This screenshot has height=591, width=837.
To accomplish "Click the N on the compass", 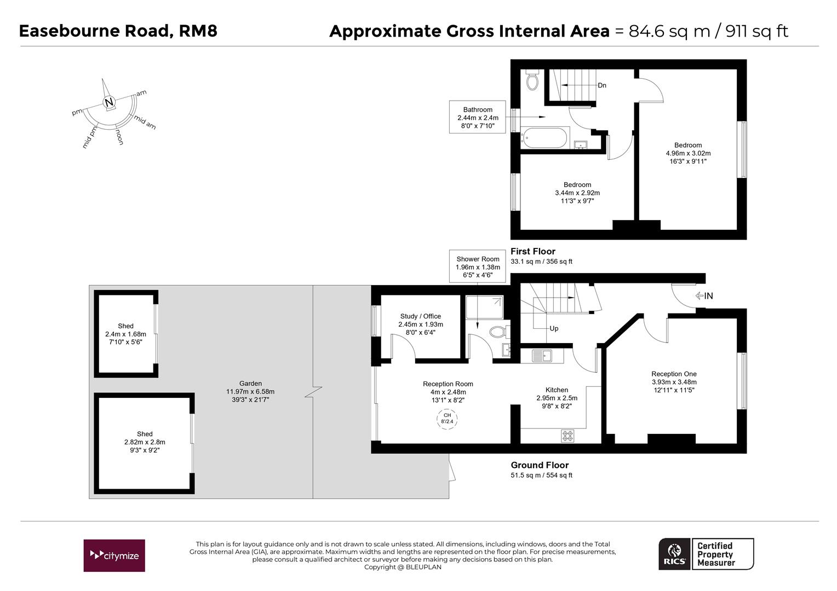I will click(109, 102).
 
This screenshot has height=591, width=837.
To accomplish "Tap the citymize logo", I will click(114, 555).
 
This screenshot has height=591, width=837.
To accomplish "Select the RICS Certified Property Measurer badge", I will click(706, 554).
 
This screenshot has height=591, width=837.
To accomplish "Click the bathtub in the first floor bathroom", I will click(544, 137).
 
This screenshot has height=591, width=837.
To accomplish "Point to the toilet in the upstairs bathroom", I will click(532, 81).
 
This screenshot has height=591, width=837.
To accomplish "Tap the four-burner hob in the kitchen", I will click(567, 436).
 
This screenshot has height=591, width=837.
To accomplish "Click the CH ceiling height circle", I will click(447, 419).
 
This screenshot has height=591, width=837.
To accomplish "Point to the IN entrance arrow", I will click(704, 296).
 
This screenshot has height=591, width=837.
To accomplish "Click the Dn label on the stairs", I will click(602, 85).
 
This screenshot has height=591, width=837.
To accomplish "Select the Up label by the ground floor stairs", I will click(554, 328).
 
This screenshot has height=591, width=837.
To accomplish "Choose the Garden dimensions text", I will click(250, 392).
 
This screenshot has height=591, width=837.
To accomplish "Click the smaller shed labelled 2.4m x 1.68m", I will click(125, 334).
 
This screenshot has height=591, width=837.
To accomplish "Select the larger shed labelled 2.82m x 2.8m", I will click(145, 442).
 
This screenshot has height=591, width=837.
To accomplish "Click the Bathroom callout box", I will click(478, 117).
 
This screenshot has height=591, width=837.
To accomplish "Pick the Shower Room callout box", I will click(478, 267).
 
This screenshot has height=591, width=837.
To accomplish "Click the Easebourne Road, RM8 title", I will click(118, 31).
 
